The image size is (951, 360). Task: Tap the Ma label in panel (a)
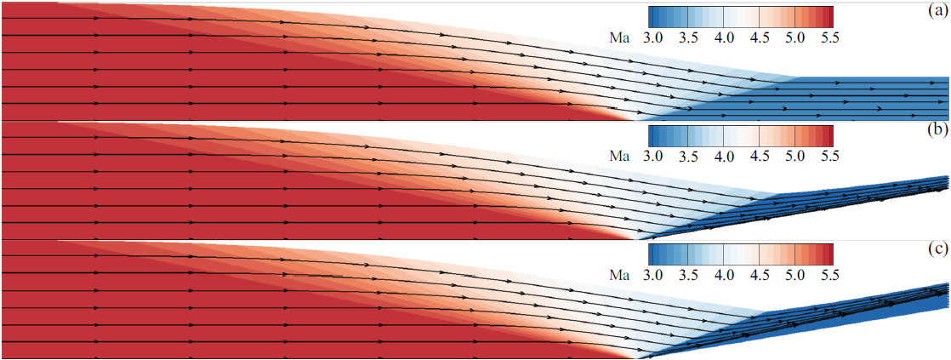(x=624, y=37)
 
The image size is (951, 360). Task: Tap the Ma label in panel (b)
(x=624, y=157)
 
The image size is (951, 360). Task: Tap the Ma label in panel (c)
(x=624, y=275)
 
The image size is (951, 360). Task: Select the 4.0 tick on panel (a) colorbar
(x=724, y=37)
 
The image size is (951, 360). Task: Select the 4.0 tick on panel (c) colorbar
(x=724, y=275)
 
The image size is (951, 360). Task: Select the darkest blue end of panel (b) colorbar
(x=652, y=136)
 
